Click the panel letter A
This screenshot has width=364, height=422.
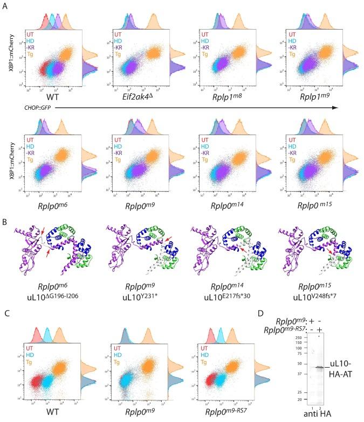click(x=5, y=5)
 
